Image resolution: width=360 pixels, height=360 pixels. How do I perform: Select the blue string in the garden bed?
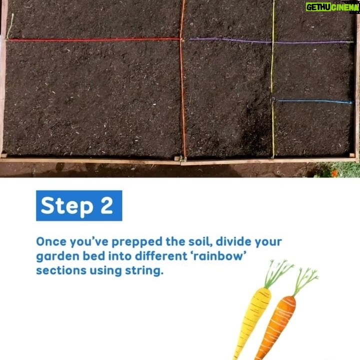point(314,101)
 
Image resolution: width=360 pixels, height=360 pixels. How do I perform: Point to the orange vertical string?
point(182,79)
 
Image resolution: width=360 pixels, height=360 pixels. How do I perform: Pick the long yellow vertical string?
point(273,79)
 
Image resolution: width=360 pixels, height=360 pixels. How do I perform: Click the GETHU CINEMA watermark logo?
point(332,7)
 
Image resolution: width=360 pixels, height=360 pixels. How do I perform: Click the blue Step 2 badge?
point(79,205)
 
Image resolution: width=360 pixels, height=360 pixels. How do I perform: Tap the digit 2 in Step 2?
point(106,205)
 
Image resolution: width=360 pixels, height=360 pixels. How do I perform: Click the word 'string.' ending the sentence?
point(144,271)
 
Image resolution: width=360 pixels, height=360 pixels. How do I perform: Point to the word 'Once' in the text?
point(51,242)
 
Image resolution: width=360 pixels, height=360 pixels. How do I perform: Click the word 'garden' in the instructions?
point(58,256)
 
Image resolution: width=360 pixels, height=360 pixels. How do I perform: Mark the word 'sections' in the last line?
point(61,270)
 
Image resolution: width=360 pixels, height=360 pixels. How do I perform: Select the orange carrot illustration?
point(276,328)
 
